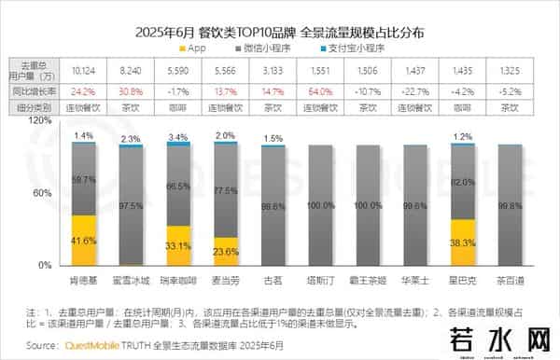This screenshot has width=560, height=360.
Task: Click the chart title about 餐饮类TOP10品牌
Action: pos(279,31)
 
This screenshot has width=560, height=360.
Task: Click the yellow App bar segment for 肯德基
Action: pos(84,241)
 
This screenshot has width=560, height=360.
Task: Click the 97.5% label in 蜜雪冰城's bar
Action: pos(132,205)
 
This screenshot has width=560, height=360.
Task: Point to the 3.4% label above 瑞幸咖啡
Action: pos(178,137)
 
